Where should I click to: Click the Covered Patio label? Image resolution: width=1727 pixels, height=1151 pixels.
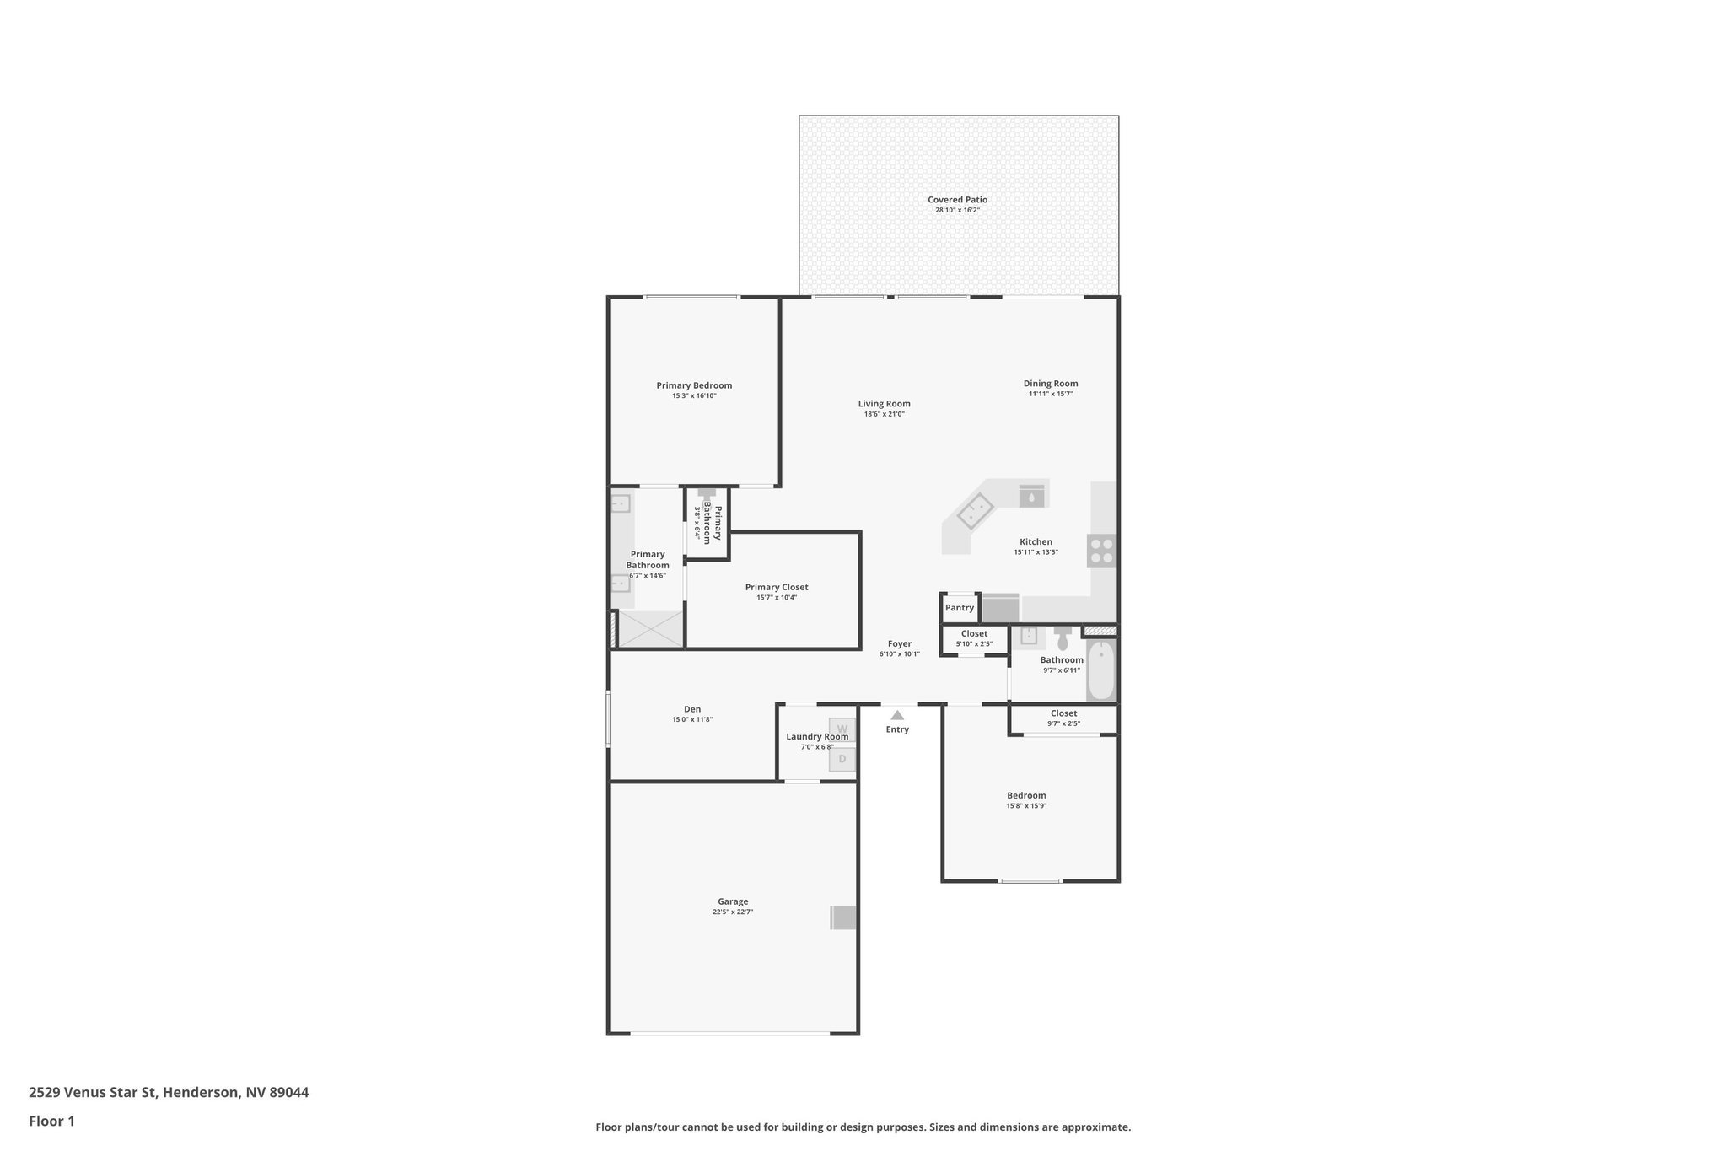pos(957,200)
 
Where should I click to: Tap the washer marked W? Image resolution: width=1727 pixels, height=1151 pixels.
pos(842,729)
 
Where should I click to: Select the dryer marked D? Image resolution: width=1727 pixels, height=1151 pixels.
pos(842,759)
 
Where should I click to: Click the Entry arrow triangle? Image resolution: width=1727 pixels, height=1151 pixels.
pos(897,715)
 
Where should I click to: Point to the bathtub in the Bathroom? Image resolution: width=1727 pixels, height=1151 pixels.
pos(1100,671)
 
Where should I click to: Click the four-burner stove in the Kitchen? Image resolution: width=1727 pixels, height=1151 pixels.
pos(1101,551)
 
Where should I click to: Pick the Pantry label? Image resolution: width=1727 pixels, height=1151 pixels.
pos(960,608)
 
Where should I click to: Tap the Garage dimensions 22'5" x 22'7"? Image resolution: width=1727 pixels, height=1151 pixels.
pos(732,912)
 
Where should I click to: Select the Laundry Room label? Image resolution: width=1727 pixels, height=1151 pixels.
pos(817,736)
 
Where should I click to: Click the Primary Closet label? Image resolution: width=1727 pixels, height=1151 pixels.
pos(777,587)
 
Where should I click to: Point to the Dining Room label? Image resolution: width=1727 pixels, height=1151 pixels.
pos(1051,384)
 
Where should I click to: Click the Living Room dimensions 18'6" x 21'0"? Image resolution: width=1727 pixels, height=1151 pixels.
pos(884,414)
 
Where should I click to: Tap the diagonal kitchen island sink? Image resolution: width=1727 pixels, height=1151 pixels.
pos(976,511)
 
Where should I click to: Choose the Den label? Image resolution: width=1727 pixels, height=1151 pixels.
pos(692,709)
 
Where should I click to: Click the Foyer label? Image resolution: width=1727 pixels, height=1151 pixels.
pos(900,643)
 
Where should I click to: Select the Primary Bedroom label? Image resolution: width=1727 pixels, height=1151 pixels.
pos(694,385)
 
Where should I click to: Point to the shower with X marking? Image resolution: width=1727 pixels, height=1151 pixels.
pos(651,629)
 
